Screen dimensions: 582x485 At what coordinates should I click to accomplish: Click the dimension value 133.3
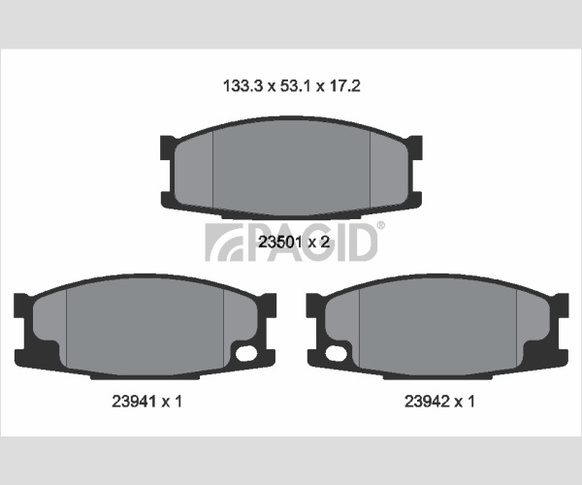(x=242, y=86)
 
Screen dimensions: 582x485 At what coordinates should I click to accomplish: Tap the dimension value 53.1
(x=295, y=86)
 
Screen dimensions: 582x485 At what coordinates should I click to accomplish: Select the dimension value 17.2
(x=344, y=86)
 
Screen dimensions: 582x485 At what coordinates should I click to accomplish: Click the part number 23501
(x=279, y=242)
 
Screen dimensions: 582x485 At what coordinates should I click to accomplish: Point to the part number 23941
(x=134, y=402)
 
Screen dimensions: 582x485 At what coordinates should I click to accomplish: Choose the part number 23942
(x=426, y=402)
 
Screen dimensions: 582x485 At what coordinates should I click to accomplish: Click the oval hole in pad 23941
(x=246, y=353)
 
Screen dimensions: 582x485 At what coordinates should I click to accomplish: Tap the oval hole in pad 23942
(x=337, y=353)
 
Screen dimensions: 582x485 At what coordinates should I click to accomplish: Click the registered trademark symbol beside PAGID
(x=381, y=225)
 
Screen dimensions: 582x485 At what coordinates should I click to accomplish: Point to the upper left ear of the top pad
(x=168, y=146)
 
